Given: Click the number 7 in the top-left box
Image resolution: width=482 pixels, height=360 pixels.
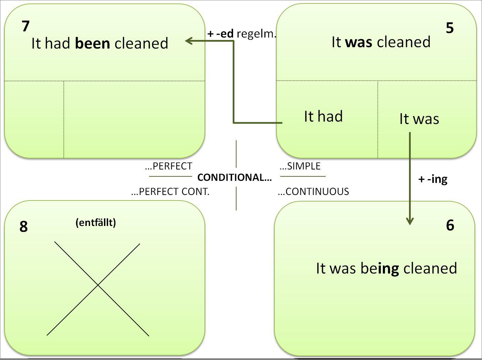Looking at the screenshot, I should click(25, 26).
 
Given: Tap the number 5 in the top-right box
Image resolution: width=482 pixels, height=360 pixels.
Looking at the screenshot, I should click(450, 28).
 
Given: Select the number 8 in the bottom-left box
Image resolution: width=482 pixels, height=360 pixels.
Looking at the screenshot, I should click(23, 226).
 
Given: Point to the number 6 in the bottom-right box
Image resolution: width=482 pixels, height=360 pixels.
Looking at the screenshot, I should click(450, 225).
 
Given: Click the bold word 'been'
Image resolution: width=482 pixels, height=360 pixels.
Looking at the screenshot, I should click(92, 43).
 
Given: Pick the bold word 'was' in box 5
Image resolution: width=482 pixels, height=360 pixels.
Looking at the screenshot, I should click(358, 42).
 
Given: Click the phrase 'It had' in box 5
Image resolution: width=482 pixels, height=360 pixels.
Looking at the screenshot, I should click(323, 116).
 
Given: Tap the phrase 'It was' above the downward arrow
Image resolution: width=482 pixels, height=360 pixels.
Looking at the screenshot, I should click(419, 119).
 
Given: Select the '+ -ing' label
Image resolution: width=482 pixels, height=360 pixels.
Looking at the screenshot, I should click(433, 179).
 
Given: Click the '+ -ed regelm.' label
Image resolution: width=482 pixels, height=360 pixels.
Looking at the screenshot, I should click(242, 33).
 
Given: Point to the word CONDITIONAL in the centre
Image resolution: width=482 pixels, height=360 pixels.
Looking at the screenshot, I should click(234, 177).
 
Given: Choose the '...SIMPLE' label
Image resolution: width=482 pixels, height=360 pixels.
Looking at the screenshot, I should click(300, 166).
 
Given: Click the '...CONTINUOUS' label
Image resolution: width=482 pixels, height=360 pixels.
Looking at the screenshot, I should click(313, 192).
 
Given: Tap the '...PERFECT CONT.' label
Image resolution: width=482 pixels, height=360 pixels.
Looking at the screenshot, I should click(170, 192).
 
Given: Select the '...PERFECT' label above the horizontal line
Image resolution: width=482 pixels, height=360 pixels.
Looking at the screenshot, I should click(169, 166).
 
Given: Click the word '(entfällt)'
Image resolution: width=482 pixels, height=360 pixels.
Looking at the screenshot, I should click(96, 223).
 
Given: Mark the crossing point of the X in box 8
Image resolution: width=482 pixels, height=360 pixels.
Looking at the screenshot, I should click(98, 285).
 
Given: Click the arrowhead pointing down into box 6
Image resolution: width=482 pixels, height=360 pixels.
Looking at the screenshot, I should click(410, 221).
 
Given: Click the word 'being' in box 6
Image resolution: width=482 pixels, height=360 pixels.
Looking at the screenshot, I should click(380, 268).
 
